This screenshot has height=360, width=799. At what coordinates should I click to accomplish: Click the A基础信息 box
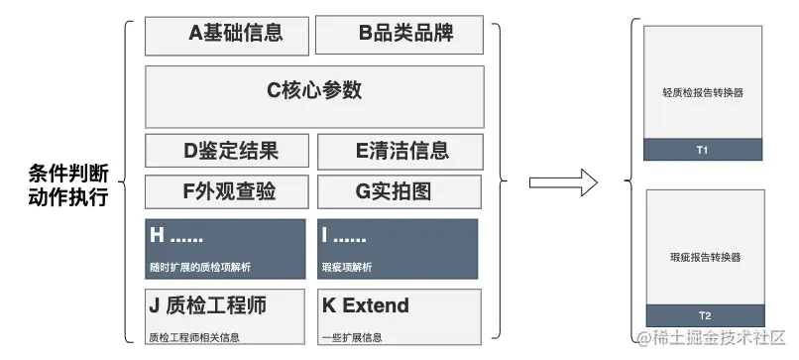pyautogui.click(x=227, y=35)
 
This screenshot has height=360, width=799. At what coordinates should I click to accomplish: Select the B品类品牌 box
pyautogui.click(x=399, y=35)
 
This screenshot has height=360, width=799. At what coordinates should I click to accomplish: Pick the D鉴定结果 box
pyautogui.click(x=227, y=151)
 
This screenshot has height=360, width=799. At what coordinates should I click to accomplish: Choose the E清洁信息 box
pyautogui.click(x=399, y=151)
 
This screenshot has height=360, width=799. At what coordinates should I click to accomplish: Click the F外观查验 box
pyautogui.click(x=227, y=191)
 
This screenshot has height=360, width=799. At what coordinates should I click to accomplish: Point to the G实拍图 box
pyautogui.click(x=399, y=191)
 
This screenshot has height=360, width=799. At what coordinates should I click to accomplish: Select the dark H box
pyautogui.click(x=227, y=248)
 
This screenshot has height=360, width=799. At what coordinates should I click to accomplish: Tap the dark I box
pyautogui.click(x=398, y=248)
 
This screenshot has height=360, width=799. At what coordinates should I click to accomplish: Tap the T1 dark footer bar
pyautogui.click(x=703, y=150)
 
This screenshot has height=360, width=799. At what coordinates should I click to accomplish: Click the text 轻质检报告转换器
pyautogui.click(x=703, y=92)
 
